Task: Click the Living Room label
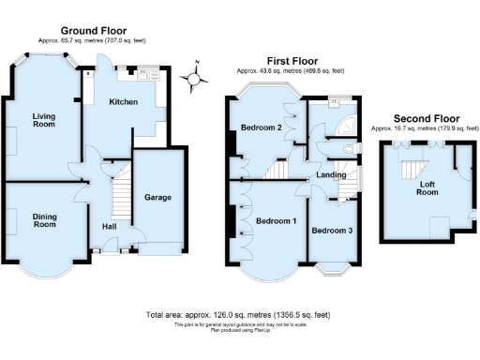(44, 120)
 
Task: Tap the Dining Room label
(44, 220)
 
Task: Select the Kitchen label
(124, 101)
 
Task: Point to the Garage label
(156, 198)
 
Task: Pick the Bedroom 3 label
(332, 231)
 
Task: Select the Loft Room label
(427, 187)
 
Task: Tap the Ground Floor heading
(94, 31)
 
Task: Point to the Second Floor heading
(426, 118)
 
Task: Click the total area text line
(238, 315)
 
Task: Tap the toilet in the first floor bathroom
(354, 149)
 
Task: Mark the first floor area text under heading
(290, 70)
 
